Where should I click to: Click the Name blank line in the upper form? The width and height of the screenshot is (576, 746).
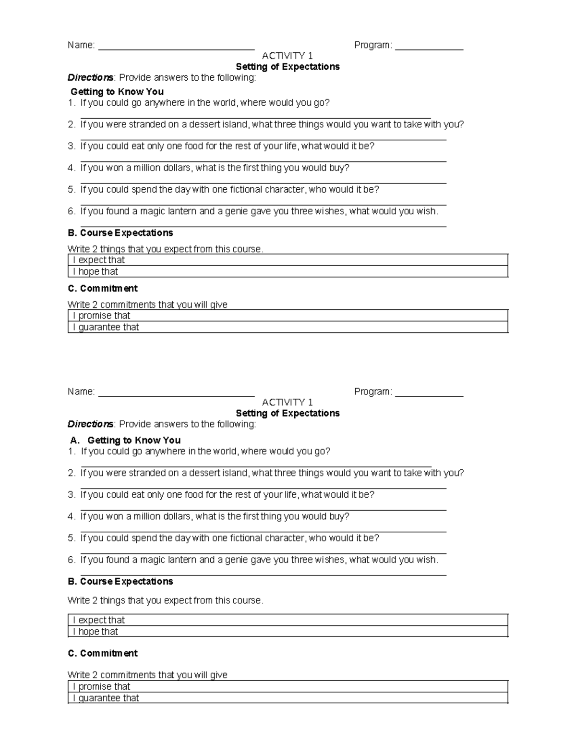(x=176, y=48)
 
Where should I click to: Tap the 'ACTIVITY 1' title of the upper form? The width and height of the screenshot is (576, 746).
(x=288, y=56)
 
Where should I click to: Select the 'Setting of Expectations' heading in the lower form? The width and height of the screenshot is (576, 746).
(x=288, y=413)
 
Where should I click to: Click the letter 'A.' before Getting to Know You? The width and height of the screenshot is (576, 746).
(x=74, y=440)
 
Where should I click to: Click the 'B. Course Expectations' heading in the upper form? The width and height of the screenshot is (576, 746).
(x=120, y=233)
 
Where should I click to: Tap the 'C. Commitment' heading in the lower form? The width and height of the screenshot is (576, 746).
(x=103, y=653)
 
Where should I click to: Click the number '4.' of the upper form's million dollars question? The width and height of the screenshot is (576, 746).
(x=72, y=168)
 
